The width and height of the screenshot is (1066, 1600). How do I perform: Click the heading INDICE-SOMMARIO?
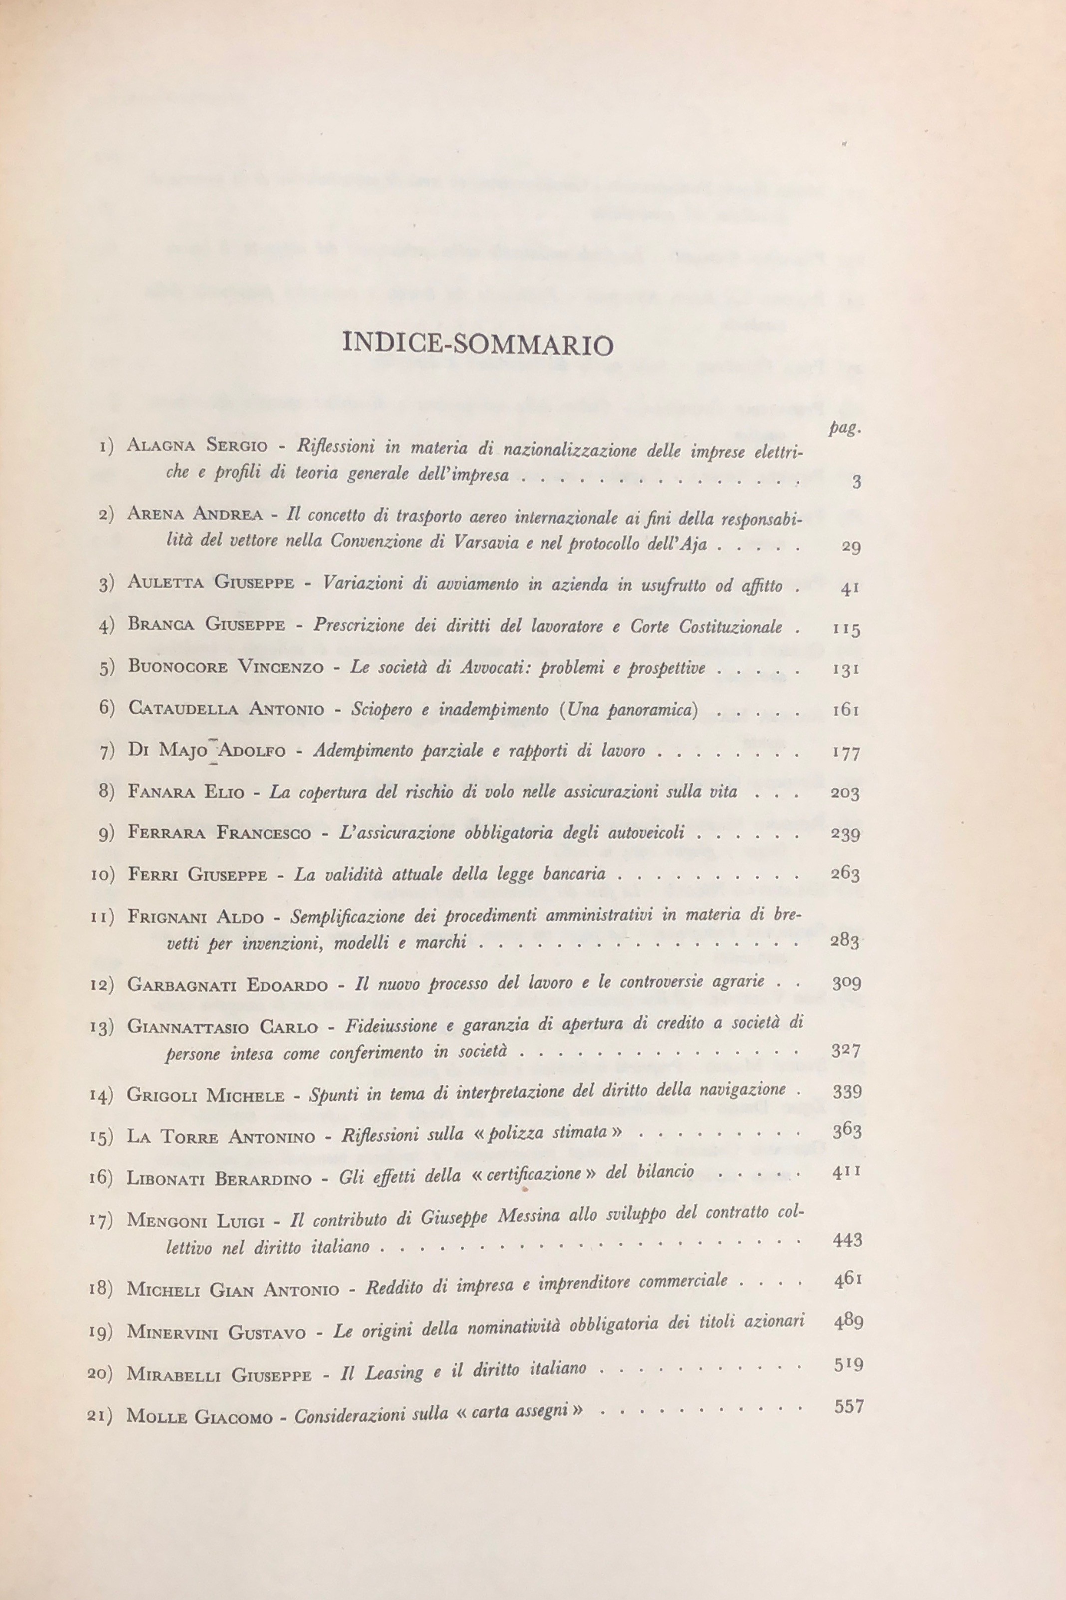coord(478,344)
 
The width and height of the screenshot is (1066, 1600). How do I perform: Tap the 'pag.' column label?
coord(845,428)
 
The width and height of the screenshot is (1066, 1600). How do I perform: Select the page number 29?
coord(850,546)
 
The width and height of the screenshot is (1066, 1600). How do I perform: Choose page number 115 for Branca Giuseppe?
coord(846,628)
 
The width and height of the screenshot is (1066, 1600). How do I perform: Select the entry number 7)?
coord(107,752)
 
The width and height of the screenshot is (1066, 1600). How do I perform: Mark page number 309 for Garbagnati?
coord(846,982)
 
